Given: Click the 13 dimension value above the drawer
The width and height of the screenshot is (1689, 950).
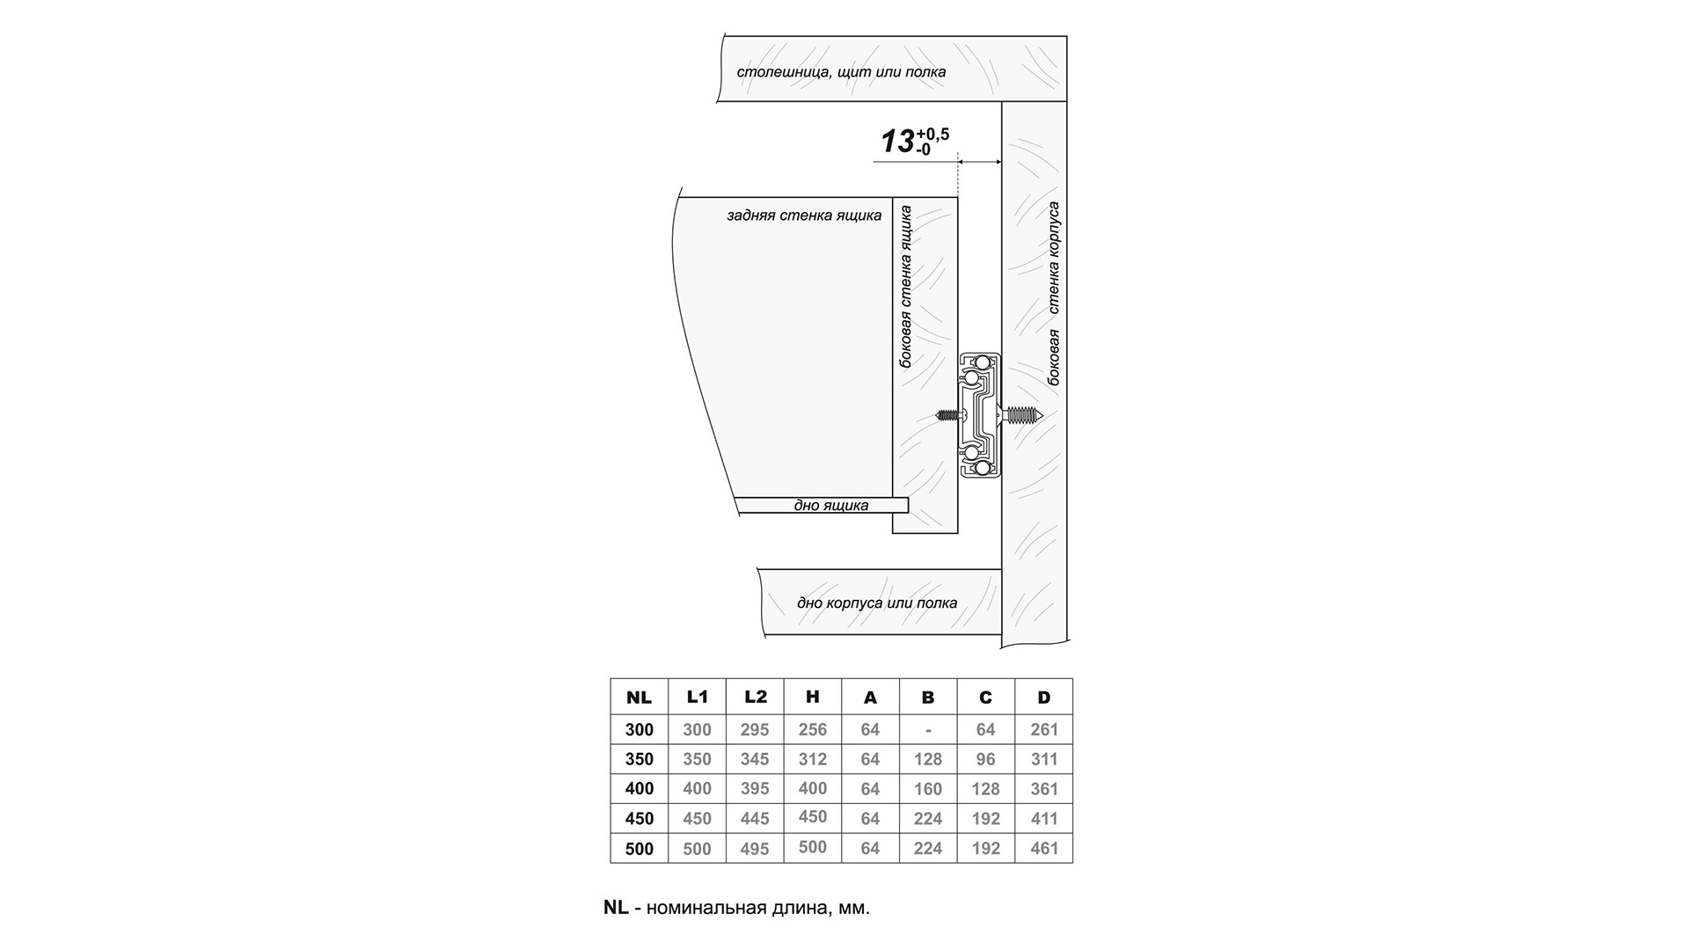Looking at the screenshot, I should click(x=897, y=142).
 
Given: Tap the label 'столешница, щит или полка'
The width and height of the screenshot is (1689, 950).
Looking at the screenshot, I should click(x=841, y=72).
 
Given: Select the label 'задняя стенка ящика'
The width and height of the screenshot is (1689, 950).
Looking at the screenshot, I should click(x=803, y=216).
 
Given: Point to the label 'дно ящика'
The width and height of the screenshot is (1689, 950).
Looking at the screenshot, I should click(x=830, y=506).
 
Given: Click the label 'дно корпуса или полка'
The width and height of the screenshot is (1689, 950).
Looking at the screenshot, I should click(x=876, y=603).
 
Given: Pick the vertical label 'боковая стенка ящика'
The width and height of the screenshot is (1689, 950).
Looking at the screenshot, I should click(x=906, y=287).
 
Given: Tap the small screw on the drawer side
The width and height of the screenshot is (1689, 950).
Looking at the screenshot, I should click(x=948, y=415).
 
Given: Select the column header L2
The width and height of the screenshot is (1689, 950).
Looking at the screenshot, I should click(x=755, y=697).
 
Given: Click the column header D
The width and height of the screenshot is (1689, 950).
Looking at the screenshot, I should click(x=1043, y=698).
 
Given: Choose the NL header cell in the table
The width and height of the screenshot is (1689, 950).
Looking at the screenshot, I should click(x=639, y=698).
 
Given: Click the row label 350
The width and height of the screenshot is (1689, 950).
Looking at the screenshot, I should click(x=639, y=759).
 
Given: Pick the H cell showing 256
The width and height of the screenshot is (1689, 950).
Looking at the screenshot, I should click(x=812, y=729).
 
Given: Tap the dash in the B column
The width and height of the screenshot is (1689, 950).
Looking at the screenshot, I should click(x=928, y=730).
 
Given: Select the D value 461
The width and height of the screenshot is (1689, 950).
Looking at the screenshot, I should click(x=1043, y=849).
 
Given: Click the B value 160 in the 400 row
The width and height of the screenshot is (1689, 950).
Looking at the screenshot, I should click(x=927, y=789).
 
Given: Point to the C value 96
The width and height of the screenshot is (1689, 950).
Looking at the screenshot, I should click(x=985, y=759).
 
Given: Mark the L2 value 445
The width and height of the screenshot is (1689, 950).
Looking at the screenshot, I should click(x=755, y=819).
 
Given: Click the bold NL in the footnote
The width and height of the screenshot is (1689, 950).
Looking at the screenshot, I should click(x=616, y=908).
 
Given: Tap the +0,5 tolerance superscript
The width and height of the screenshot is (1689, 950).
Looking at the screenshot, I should click(x=932, y=135).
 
